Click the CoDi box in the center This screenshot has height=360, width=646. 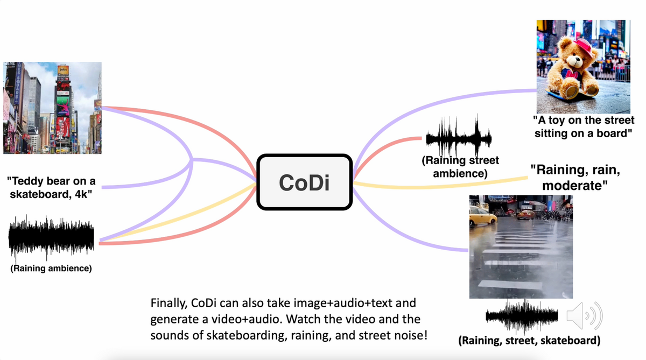click(x=304, y=182)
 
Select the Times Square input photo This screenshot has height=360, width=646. click(x=52, y=108)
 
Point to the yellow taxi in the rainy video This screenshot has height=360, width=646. click(x=482, y=217)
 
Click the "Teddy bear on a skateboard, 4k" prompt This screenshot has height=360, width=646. click(x=52, y=187)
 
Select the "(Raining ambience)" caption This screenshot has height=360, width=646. click(x=51, y=268)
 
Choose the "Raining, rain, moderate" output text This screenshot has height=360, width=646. click(x=575, y=178)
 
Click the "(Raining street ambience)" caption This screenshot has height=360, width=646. click(x=460, y=167)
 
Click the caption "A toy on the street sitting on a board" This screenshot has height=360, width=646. click(x=584, y=126)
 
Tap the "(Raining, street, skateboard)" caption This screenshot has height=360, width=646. click(x=529, y=340)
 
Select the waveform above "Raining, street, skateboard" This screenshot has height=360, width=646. click(x=521, y=316)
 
